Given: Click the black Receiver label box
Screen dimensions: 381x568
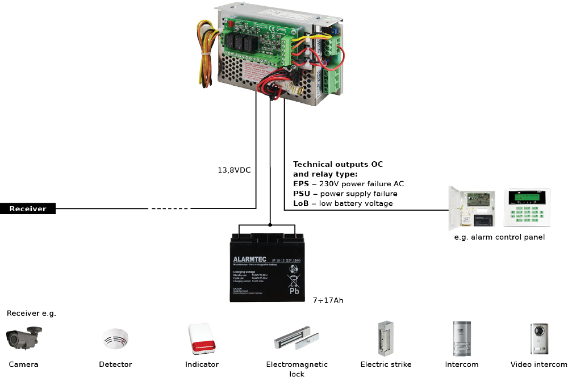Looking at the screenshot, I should tap(28, 209).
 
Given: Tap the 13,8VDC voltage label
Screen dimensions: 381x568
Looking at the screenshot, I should tap(233, 169).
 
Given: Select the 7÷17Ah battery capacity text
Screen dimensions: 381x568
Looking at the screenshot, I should tap(328, 300).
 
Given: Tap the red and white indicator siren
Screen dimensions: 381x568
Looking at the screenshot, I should tap(201, 339).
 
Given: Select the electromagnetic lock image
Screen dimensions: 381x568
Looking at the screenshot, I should tap(296, 341).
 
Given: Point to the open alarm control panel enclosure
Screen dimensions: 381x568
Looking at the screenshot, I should tap(473, 207).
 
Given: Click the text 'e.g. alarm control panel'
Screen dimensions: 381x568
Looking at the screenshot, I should tap(499, 237).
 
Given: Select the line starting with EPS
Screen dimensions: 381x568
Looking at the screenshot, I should tap(348, 183).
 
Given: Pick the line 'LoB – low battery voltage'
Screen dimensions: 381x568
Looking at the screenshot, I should tap(343, 203).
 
